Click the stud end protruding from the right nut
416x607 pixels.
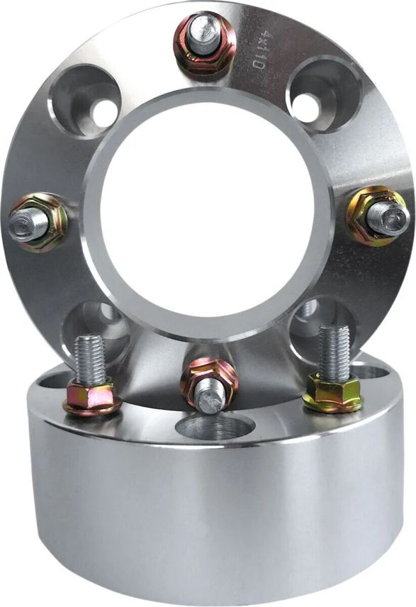[390, 218]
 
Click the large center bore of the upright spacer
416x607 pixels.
[206, 212]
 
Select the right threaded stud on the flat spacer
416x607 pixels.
[333, 351]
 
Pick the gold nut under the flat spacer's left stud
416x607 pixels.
[91, 397]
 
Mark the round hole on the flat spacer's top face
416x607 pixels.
[215, 428]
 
